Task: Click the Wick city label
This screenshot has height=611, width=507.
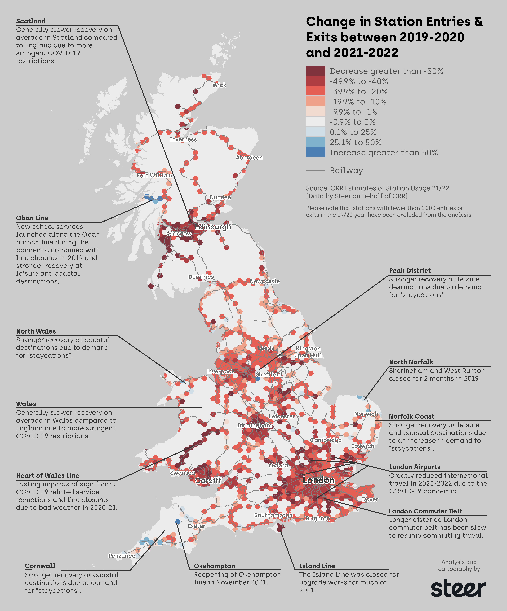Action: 219,85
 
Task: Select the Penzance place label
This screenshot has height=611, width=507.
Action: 122,556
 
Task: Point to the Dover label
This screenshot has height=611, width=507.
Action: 370,499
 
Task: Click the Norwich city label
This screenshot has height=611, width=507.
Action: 366,414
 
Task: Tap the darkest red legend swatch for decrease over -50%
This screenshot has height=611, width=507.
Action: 315,71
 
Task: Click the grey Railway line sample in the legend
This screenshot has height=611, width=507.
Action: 315,171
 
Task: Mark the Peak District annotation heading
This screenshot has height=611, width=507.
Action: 410,271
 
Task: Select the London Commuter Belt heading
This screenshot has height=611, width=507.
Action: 425,511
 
